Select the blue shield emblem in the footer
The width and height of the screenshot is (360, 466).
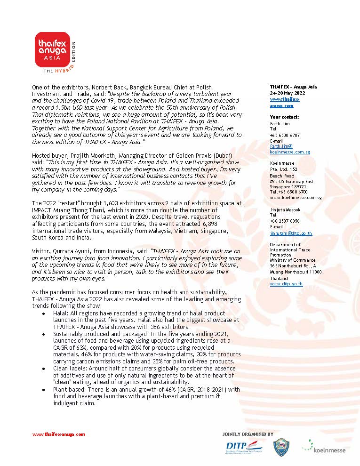(x=281, y=448)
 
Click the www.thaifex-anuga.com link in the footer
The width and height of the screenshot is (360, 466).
(x=58, y=434)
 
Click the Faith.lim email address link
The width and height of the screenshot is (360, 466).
(x=281, y=146)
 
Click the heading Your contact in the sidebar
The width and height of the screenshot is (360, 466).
(x=284, y=117)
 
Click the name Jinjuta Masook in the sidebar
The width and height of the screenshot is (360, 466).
(x=285, y=209)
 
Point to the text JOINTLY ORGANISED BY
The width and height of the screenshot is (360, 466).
(x=248, y=434)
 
